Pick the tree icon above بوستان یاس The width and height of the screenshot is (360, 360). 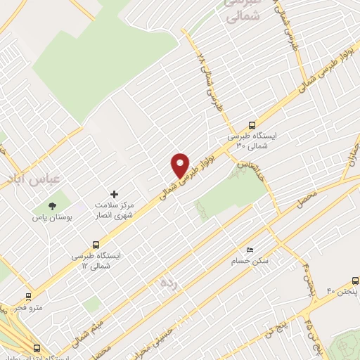tap(51, 206)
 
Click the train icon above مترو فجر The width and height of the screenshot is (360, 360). tap(28, 297)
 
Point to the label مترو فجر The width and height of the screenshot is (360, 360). tap(31, 307)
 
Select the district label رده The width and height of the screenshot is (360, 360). tap(169, 283)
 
